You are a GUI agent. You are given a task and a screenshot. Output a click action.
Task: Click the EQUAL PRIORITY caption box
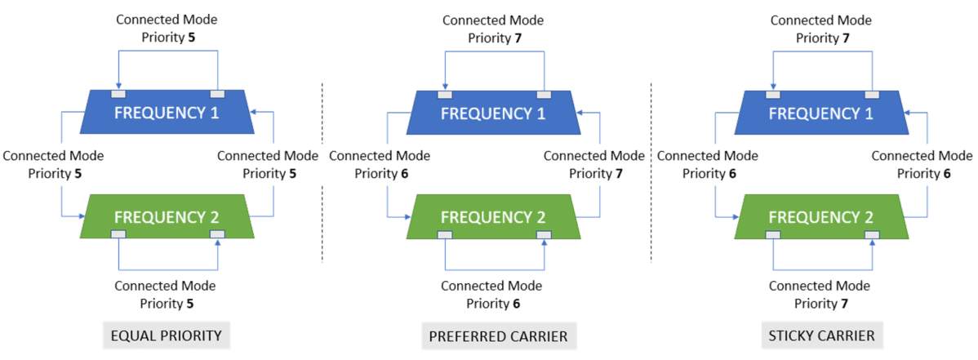tap(166, 336)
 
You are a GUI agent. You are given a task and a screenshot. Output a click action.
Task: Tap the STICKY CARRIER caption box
tap(820, 336)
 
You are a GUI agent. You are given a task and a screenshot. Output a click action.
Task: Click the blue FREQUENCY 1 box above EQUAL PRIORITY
tap(167, 113)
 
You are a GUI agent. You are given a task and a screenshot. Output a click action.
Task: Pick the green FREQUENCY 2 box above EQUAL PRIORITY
tap(167, 217)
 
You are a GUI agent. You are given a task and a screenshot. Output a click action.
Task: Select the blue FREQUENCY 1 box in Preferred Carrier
tap(493, 113)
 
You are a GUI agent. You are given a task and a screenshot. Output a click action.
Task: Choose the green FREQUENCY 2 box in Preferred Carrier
tap(493, 217)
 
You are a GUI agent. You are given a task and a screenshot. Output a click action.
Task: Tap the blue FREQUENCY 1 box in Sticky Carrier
tap(821, 113)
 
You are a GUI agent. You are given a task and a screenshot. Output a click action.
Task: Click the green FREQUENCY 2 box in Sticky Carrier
tap(821, 217)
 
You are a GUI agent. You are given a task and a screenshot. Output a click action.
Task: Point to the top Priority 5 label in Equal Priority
tap(167, 37)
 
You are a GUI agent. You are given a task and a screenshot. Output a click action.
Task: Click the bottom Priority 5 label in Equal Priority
tap(166, 304)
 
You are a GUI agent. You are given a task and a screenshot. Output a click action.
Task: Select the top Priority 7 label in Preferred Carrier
tap(493, 37)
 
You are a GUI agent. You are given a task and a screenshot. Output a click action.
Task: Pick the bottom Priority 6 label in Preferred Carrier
tap(492, 304)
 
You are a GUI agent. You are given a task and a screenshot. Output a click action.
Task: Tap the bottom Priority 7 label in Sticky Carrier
tap(820, 304)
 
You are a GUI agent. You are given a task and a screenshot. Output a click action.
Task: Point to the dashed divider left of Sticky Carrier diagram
tap(651, 171)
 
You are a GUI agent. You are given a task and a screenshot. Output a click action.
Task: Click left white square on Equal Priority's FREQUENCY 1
tap(118, 94)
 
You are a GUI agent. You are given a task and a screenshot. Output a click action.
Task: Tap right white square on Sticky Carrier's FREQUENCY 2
tap(872, 235)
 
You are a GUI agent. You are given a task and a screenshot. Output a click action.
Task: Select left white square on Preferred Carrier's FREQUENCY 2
tap(444, 235)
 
